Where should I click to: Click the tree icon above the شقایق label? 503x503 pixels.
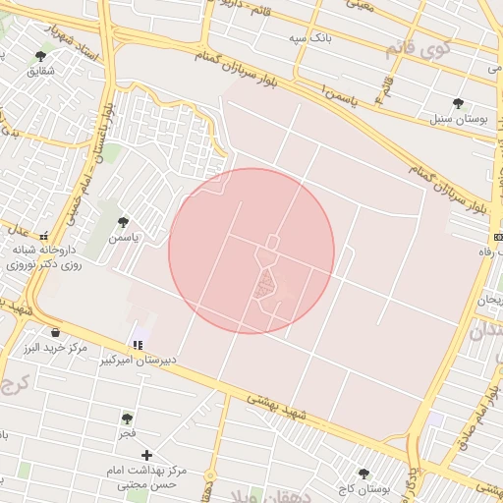tap(40, 56)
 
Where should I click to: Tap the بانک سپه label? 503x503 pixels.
tap(306, 38)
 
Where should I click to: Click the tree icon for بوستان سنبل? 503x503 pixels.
tap(458, 103)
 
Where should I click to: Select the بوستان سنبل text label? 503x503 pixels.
tap(459, 119)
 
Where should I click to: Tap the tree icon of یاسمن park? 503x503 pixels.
tap(123, 222)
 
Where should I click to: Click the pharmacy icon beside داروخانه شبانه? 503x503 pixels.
tap(43, 236)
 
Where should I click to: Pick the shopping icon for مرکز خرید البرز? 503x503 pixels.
tap(54, 332)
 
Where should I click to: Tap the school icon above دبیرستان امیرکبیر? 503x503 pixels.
tap(139, 345)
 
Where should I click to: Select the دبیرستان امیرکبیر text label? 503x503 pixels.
tap(140, 361)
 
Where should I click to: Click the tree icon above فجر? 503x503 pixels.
tap(128, 419)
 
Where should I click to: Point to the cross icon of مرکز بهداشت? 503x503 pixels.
tap(147, 455)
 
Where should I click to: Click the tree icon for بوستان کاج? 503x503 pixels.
tap(363, 474)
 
